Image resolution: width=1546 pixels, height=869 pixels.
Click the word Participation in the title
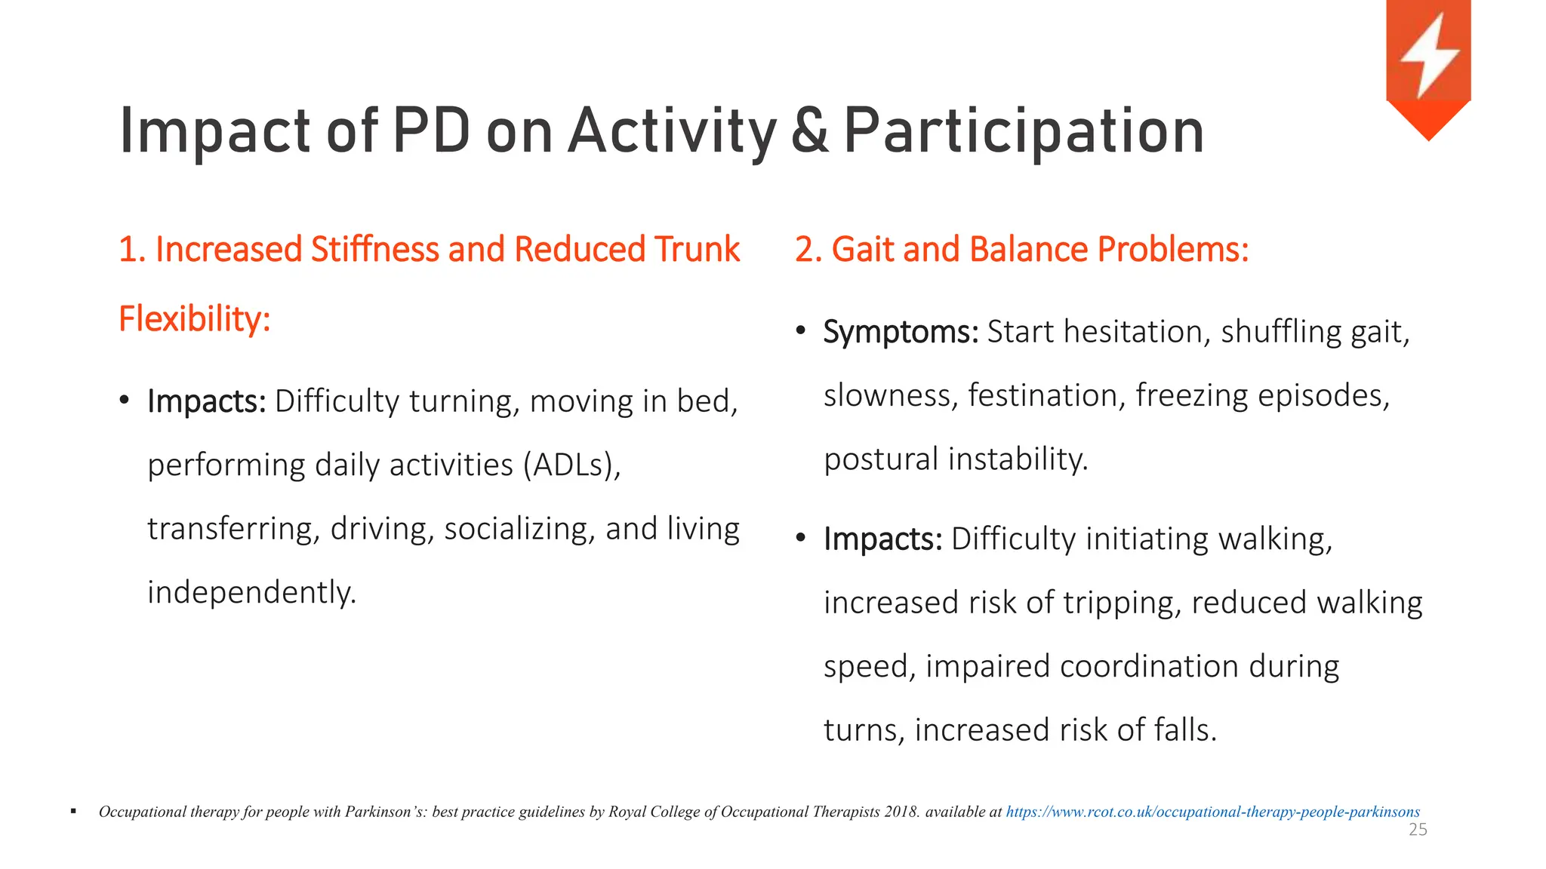[x=1024, y=132]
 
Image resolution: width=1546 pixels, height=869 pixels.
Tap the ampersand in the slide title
[x=810, y=132]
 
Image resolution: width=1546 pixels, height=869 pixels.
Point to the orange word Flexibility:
[x=195, y=319]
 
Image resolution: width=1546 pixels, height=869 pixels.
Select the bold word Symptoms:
[x=901, y=332]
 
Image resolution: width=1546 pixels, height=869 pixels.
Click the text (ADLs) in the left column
[x=571, y=465]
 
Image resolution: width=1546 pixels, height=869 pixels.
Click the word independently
[x=251, y=593]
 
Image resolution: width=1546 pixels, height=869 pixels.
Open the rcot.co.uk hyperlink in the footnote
[x=1212, y=812]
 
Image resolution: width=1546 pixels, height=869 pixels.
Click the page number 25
[x=1418, y=831]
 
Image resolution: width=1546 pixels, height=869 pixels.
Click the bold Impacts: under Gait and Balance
[x=882, y=539]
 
